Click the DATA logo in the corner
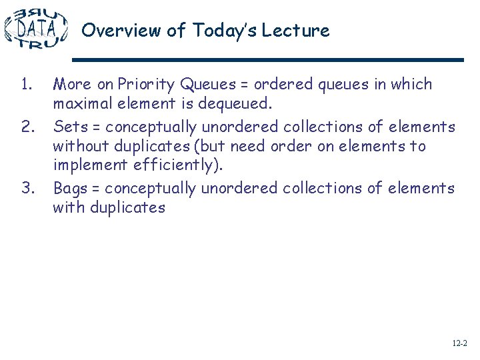tap(36, 28)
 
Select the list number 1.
tap(26, 85)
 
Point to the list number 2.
tap(27, 126)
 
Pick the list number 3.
tap(27, 187)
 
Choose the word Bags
tap(71, 188)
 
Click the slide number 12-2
tap(459, 343)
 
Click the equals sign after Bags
tap(96, 189)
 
